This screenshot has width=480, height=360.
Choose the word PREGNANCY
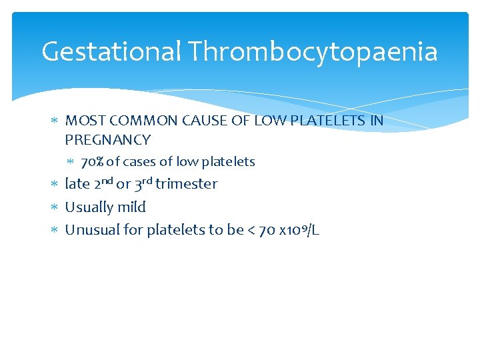[108, 140]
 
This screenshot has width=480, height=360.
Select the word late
[77, 185]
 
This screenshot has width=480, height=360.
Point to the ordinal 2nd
[103, 183]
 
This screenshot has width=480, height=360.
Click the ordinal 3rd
[143, 183]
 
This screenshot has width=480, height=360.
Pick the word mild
[132, 207]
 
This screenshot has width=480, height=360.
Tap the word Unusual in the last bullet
[93, 230]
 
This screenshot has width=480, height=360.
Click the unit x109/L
[300, 231]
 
